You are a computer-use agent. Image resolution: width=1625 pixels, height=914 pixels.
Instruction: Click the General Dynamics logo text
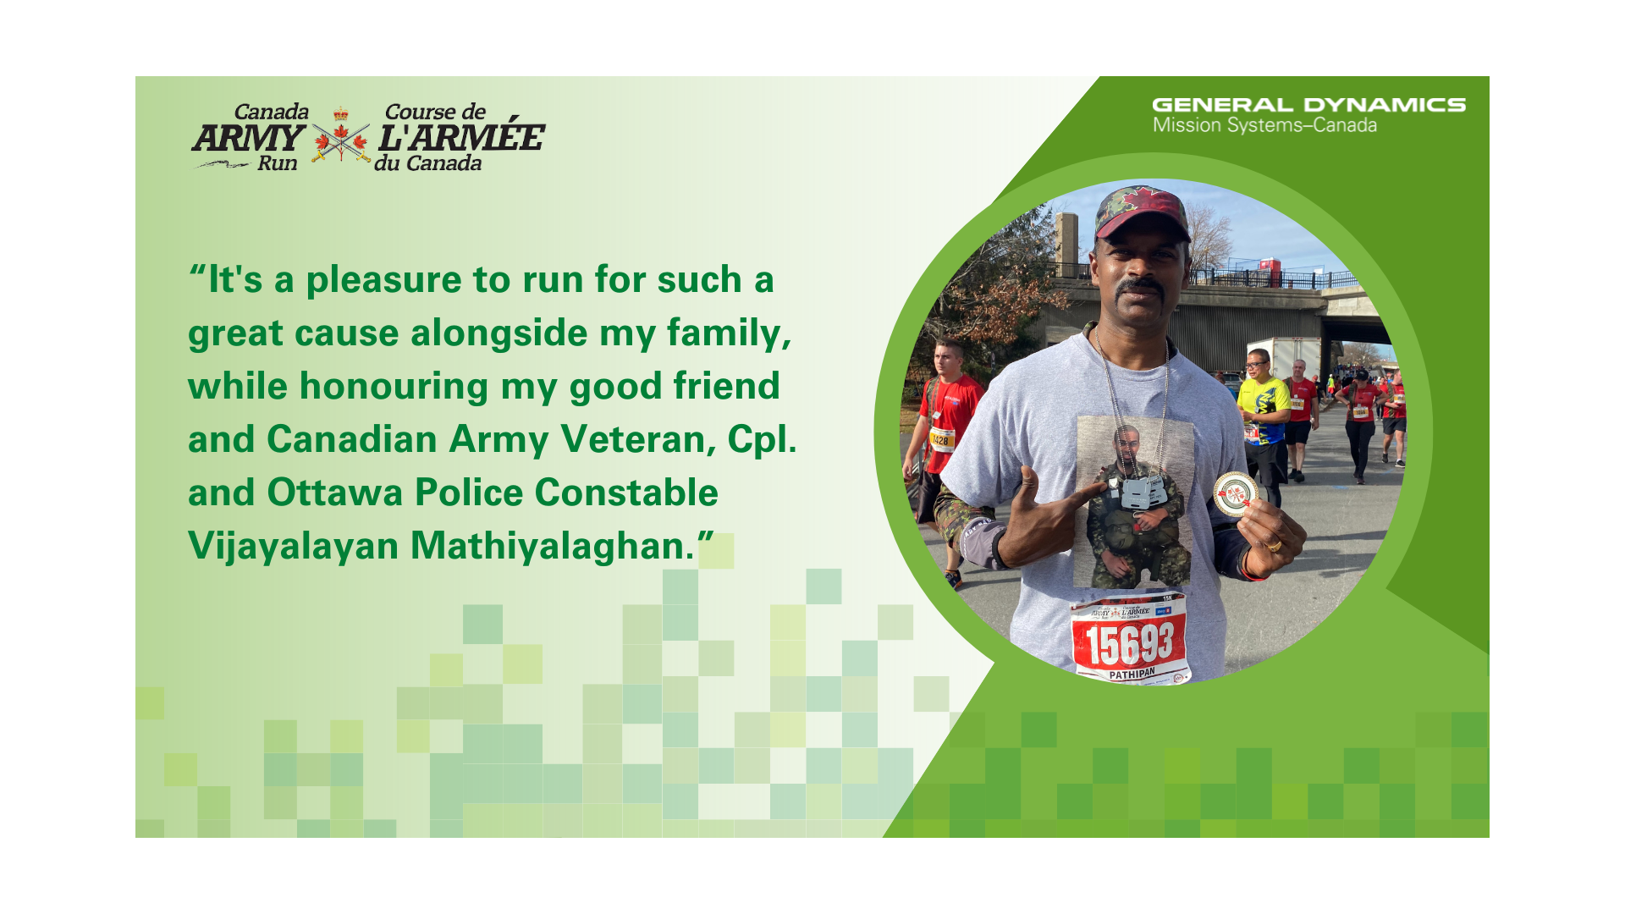coord(1308,105)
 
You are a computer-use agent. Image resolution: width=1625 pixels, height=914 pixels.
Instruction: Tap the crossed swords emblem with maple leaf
coord(340,137)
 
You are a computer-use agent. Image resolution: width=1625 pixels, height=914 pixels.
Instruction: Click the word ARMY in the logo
coord(248,138)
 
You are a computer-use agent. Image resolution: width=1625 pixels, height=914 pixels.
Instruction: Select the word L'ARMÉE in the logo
coord(461,136)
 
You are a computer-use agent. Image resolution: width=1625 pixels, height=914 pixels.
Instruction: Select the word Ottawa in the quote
coord(335,493)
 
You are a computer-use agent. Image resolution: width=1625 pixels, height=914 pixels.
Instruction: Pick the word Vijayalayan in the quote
coord(293,547)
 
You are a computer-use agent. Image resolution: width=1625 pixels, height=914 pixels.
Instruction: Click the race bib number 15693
coord(1130,644)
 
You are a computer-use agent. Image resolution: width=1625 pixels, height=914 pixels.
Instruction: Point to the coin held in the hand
coord(1235,494)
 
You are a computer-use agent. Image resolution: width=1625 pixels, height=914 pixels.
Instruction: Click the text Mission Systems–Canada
coord(1264,126)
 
